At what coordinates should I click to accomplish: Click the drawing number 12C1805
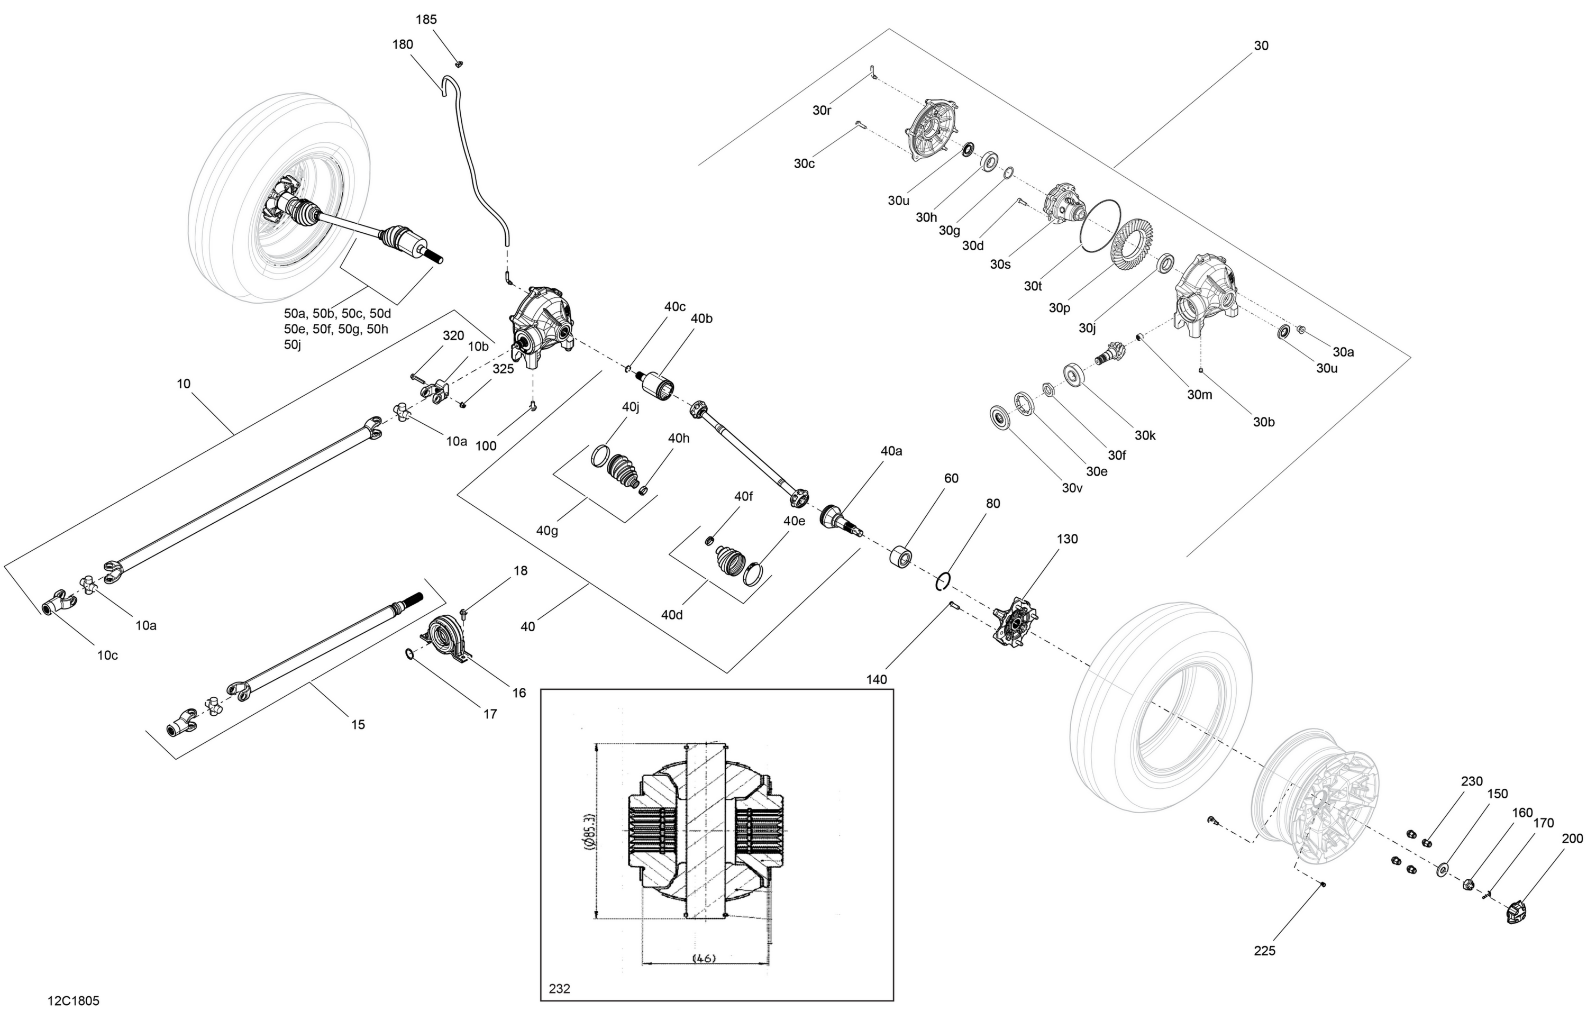74,1001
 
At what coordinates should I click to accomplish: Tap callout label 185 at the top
426,20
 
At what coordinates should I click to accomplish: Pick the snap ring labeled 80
943,581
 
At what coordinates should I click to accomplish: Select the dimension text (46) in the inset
704,958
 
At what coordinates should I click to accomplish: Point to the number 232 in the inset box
560,988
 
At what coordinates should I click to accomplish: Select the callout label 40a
891,451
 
